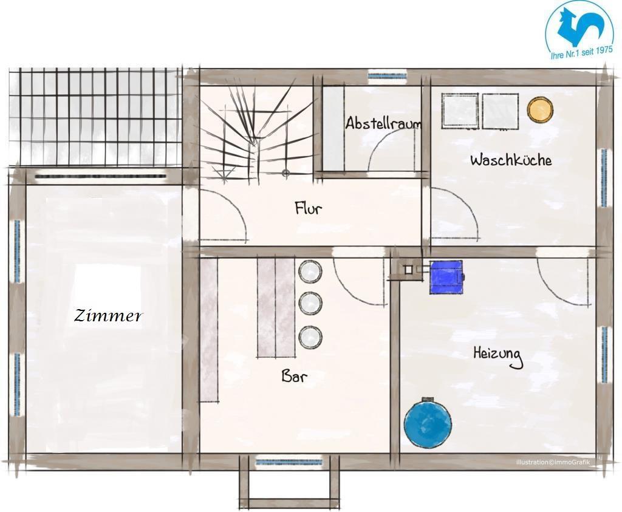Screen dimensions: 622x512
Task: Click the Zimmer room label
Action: pyautogui.click(x=108, y=316)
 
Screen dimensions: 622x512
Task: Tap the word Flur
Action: pyautogui.click(x=308, y=208)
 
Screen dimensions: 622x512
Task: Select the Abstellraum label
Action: pyautogui.click(x=383, y=123)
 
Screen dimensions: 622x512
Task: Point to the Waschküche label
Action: pyautogui.click(x=511, y=160)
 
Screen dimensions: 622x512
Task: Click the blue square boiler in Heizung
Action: pyautogui.click(x=446, y=277)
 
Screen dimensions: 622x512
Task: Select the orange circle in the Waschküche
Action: pyautogui.click(x=540, y=109)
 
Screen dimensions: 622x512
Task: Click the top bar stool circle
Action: pyautogui.click(x=310, y=271)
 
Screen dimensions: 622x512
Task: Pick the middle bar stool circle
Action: pyautogui.click(x=310, y=304)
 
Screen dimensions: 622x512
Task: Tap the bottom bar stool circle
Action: pyautogui.click(x=310, y=337)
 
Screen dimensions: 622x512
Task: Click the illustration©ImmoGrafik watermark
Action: pyautogui.click(x=553, y=462)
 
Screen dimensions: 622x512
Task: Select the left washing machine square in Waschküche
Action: pyautogui.click(x=460, y=111)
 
